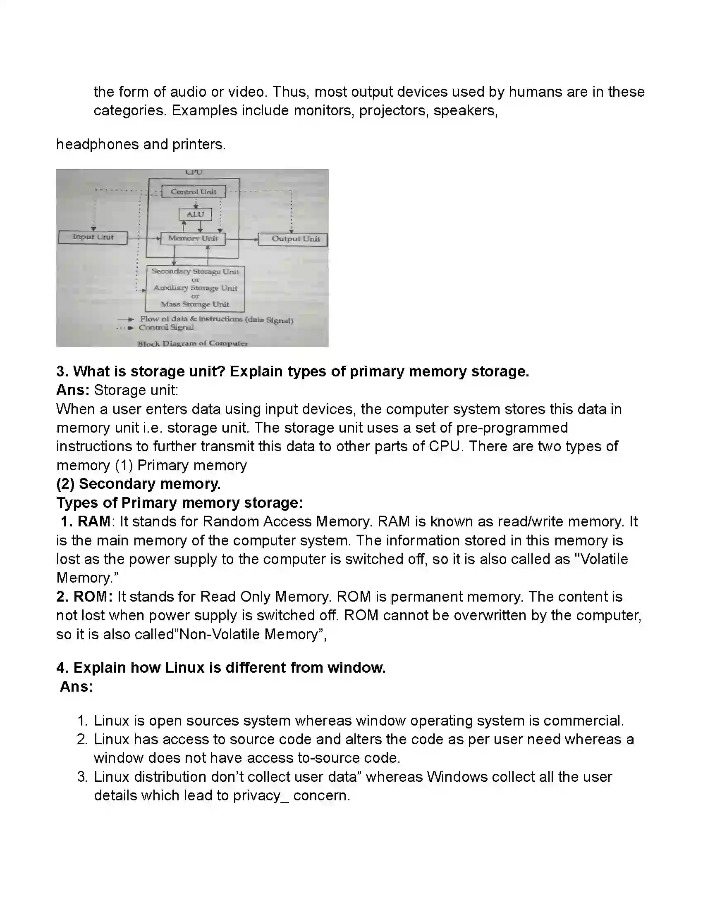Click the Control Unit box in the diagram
coord(194,192)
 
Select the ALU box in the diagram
coord(195,214)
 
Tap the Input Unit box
coord(93,237)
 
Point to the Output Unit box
coord(293,239)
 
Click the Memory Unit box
coord(193,238)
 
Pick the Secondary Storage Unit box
coord(195,288)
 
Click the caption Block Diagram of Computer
coord(193,343)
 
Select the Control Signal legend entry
coord(166,328)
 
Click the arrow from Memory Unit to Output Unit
coord(242,239)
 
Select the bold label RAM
coord(94,521)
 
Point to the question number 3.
coord(62,371)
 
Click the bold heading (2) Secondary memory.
coord(139,484)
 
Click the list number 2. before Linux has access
coord(82,739)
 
